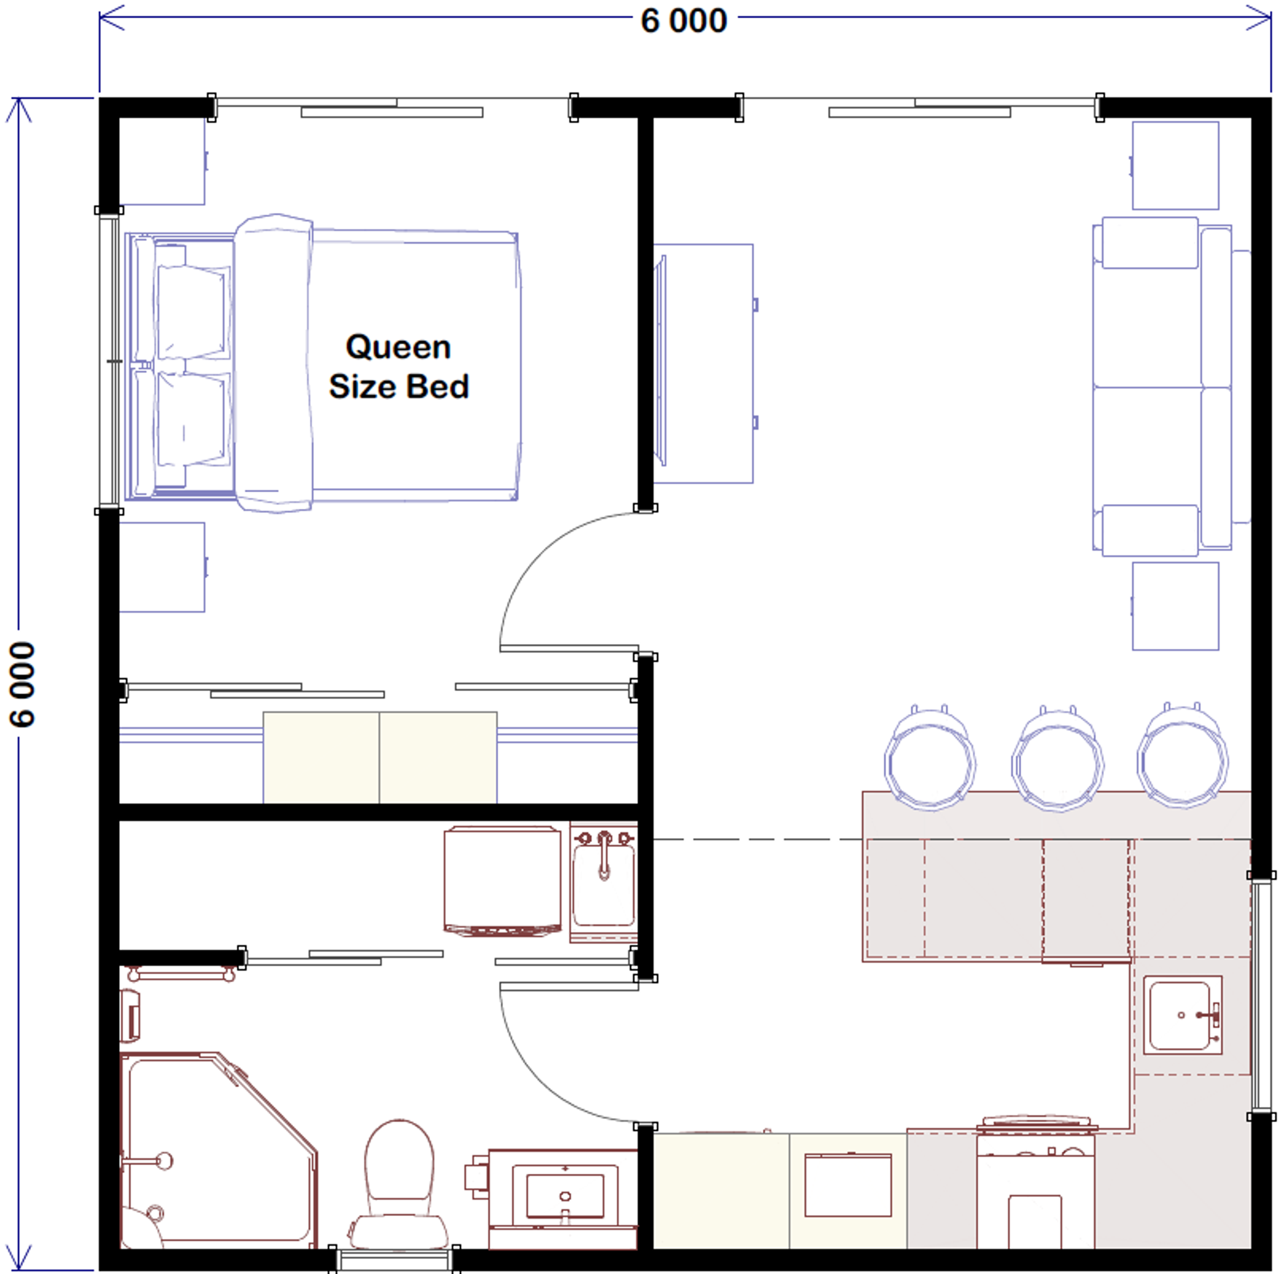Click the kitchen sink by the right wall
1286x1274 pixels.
1182,1015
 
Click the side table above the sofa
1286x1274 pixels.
1176,165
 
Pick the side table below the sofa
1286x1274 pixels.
1176,606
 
